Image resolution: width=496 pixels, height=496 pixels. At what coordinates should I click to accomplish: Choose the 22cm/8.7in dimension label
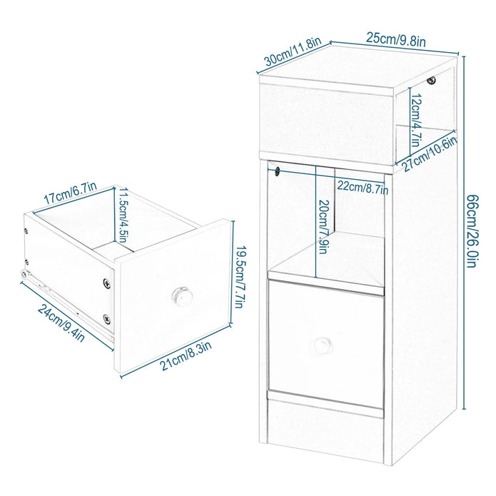(363, 188)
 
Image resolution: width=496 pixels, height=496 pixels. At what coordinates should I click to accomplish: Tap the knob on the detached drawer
(180, 295)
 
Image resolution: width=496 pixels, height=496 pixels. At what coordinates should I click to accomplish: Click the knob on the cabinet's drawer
(321, 345)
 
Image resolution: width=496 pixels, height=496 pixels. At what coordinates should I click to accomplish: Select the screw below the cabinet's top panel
(430, 82)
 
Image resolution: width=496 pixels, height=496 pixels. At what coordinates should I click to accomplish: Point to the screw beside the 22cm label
(276, 171)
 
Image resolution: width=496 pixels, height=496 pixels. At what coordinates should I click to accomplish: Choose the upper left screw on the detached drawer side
(26, 231)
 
